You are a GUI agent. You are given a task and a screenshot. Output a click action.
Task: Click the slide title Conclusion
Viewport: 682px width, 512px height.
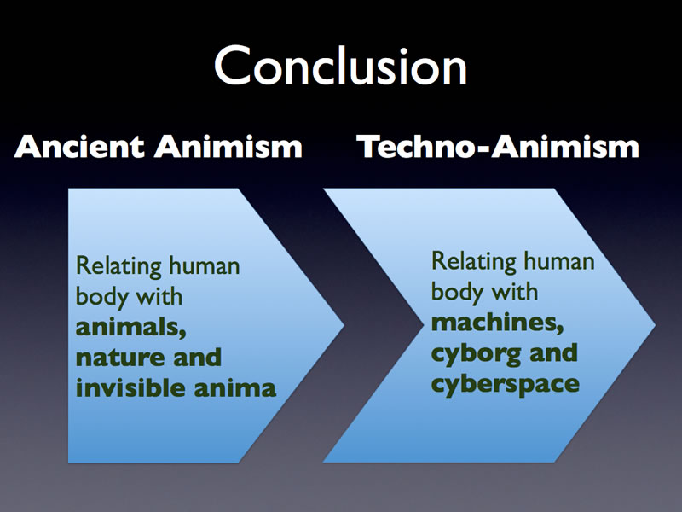340,66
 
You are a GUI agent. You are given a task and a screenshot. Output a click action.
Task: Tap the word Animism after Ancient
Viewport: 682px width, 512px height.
228,146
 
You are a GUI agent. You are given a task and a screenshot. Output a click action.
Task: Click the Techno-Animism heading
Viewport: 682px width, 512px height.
498,146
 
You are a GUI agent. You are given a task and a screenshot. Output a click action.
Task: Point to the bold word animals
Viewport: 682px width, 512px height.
131,327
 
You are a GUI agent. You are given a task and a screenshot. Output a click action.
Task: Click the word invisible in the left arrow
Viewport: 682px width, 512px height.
130,387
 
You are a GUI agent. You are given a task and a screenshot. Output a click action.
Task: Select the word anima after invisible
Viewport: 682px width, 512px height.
235,388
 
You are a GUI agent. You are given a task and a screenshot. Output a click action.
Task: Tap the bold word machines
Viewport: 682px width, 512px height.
498,323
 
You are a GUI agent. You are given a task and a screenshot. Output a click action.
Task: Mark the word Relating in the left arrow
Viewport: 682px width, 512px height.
118,266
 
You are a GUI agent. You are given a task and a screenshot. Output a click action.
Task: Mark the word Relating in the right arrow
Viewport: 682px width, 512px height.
474,262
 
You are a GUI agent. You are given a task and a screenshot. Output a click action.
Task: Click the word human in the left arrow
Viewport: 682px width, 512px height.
205,265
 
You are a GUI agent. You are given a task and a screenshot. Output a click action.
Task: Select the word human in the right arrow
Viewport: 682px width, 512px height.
559,261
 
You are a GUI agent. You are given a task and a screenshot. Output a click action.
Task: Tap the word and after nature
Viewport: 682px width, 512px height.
198,357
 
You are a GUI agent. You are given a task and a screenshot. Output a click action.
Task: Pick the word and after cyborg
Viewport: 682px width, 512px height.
553,352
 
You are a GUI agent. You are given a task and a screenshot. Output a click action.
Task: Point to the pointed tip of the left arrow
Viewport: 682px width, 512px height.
344,325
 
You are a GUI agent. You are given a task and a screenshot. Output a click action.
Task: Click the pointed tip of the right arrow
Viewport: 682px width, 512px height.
655,325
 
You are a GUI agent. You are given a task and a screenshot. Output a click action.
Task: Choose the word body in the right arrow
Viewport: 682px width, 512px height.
454,293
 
